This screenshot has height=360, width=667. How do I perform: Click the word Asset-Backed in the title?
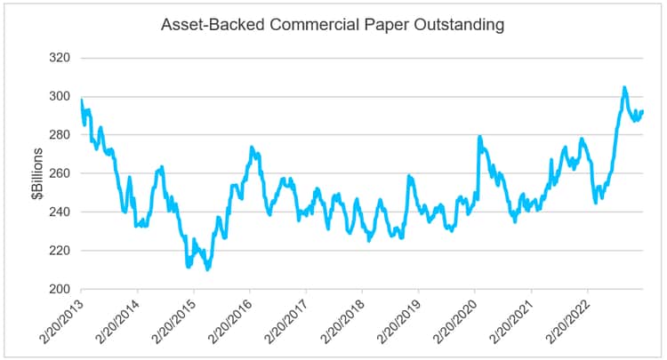click(203, 25)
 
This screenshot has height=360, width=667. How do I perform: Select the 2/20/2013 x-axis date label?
click(59, 320)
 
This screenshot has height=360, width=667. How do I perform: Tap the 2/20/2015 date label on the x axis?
click(172, 320)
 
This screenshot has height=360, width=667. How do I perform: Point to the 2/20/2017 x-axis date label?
click(284, 320)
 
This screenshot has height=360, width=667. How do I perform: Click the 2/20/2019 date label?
click(397, 320)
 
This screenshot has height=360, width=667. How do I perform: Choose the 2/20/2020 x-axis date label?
click(453, 320)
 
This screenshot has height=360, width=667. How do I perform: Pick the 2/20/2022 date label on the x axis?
click(566, 320)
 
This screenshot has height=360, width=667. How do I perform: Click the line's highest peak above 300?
click(624, 87)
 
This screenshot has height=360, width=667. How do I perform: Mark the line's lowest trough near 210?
click(207, 268)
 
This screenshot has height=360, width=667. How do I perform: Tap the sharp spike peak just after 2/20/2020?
click(479, 137)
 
